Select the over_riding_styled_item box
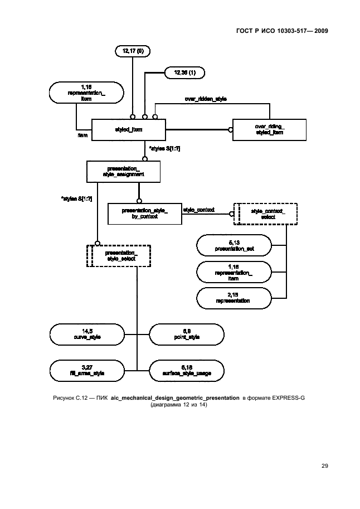[269, 130]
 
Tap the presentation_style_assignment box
[123, 171]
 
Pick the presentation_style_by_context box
[144, 213]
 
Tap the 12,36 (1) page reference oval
[184, 72]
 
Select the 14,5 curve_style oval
[86, 335]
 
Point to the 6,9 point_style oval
[187, 335]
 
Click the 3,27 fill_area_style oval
[86, 370]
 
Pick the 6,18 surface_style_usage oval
[187, 370]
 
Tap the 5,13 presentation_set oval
[233, 245]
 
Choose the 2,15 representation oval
[233, 298]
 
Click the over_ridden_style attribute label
[206, 98]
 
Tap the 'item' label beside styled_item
[81, 134]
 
